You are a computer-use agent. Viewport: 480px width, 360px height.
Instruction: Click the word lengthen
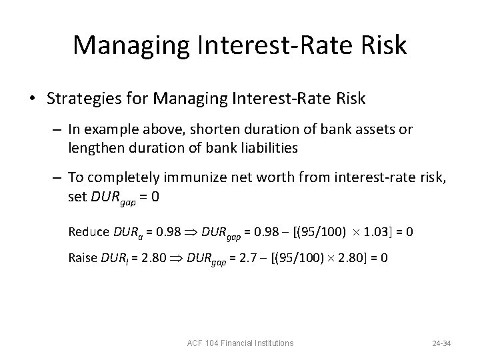92,147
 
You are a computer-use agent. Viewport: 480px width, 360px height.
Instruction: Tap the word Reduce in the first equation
88,231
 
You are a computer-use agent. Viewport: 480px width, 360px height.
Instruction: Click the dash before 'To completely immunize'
57,177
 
